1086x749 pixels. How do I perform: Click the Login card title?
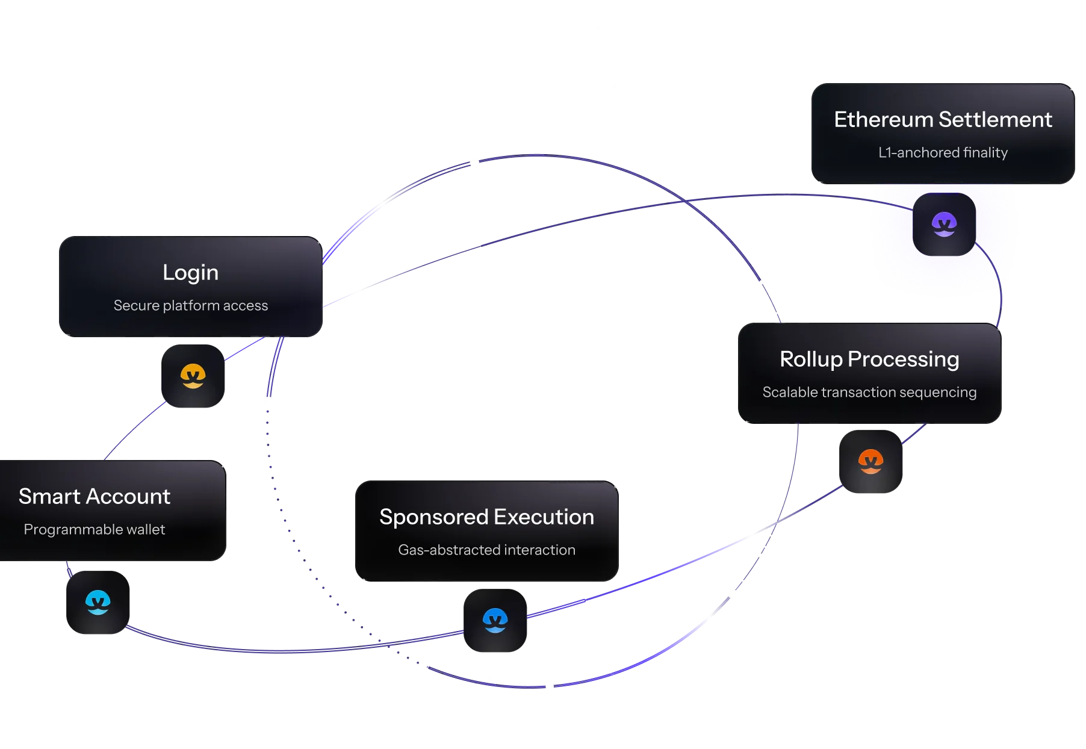click(190, 273)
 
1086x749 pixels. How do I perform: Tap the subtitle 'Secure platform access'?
click(190, 305)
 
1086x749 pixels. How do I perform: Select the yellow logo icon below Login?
click(193, 376)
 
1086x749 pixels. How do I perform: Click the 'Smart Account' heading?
click(95, 496)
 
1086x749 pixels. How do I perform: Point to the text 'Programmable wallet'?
click(95, 529)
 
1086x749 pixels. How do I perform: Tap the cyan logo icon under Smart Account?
click(98, 602)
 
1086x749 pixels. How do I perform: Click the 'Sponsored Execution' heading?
click(486, 517)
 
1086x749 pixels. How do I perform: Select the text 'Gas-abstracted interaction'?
click(486, 550)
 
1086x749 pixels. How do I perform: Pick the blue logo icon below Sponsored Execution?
click(495, 620)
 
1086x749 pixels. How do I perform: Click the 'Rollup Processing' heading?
click(869, 359)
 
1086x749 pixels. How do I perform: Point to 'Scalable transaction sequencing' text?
click(869, 392)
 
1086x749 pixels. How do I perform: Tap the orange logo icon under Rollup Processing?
click(870, 462)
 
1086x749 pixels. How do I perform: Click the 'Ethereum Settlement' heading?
click(943, 119)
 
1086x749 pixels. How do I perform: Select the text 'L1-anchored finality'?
click(943, 152)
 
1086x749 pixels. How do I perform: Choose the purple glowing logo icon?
click(944, 225)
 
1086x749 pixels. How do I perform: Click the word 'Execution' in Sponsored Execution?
click(544, 517)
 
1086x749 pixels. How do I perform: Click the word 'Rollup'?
click(811, 359)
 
